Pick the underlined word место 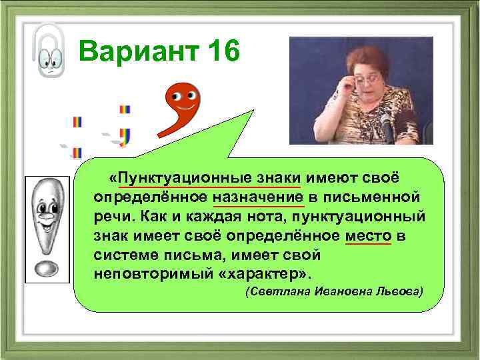click(369, 237)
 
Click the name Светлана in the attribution click(273, 292)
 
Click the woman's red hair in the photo click(363, 56)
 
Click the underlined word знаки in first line click(275, 178)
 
